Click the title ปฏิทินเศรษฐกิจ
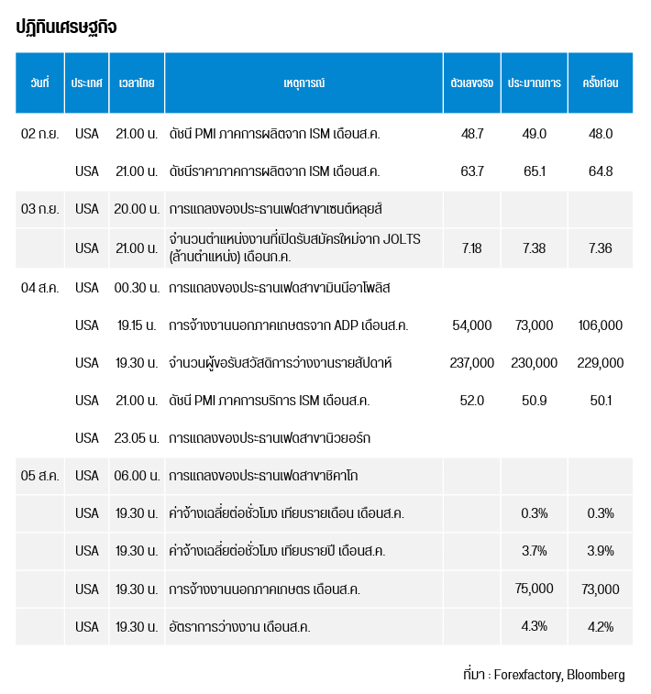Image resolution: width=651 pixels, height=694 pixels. [66, 28]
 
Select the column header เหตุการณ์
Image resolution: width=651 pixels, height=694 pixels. [303, 83]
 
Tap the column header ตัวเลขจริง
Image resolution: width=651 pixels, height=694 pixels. [472, 83]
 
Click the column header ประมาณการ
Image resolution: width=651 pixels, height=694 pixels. [534, 83]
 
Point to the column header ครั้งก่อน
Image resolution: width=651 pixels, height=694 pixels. [601, 83]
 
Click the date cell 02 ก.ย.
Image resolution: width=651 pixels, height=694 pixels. [39, 134]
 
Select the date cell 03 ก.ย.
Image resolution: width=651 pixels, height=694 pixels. [39, 209]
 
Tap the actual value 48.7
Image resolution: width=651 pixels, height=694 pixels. [472, 134]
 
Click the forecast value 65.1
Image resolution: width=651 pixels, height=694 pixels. [534, 171]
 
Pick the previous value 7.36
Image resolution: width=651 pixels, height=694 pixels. [601, 248]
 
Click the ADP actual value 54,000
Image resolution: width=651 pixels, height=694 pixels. [472, 325]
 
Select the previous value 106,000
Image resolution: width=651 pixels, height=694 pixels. [601, 325]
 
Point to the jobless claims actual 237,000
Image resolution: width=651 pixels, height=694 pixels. [472, 363]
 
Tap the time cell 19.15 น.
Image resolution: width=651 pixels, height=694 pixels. [137, 325]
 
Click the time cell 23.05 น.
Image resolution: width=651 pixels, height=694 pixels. [137, 438]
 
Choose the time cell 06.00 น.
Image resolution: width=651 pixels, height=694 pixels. [137, 476]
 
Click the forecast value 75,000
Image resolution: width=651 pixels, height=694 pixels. [534, 589]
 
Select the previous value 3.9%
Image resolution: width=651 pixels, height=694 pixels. [601, 551]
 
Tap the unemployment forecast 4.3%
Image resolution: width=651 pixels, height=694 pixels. [534, 626]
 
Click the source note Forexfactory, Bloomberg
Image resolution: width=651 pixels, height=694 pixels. [559, 675]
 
